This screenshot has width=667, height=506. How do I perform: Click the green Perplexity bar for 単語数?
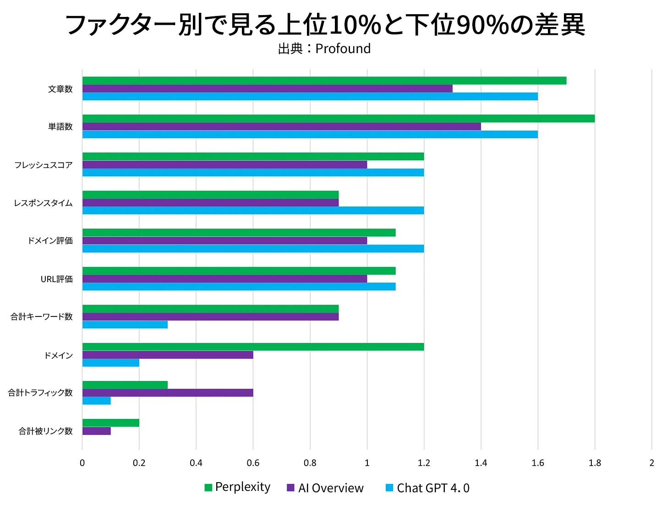click(x=338, y=119)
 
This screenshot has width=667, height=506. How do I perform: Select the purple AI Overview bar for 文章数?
click(x=267, y=88)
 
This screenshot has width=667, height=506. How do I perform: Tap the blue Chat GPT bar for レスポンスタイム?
click(x=253, y=211)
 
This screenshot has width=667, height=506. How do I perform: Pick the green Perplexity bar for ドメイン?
click(x=253, y=347)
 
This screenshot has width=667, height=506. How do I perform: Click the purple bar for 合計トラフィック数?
click(x=168, y=392)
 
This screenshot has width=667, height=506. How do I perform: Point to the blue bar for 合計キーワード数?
click(x=125, y=325)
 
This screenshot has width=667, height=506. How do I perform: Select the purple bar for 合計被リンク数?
click(x=97, y=431)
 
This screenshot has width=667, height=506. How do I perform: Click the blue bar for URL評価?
click(x=239, y=287)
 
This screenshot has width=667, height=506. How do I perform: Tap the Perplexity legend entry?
click(x=237, y=487)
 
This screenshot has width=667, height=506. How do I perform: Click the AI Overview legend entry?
click(x=325, y=488)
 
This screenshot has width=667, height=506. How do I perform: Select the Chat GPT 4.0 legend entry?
click(x=427, y=488)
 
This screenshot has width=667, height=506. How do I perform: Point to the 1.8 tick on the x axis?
click(x=595, y=463)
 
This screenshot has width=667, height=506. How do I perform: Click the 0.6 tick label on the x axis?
click(x=253, y=463)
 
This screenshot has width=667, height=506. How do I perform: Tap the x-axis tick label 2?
click(x=651, y=463)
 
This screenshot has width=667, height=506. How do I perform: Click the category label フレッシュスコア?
click(x=44, y=165)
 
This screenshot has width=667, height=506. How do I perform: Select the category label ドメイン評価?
click(x=50, y=241)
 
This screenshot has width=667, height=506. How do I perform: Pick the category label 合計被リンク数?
click(x=45, y=431)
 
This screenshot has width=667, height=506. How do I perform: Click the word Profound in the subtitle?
click(x=343, y=49)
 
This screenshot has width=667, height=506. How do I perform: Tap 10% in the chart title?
click(x=355, y=25)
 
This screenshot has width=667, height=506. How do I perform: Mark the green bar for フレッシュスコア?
click(x=253, y=157)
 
